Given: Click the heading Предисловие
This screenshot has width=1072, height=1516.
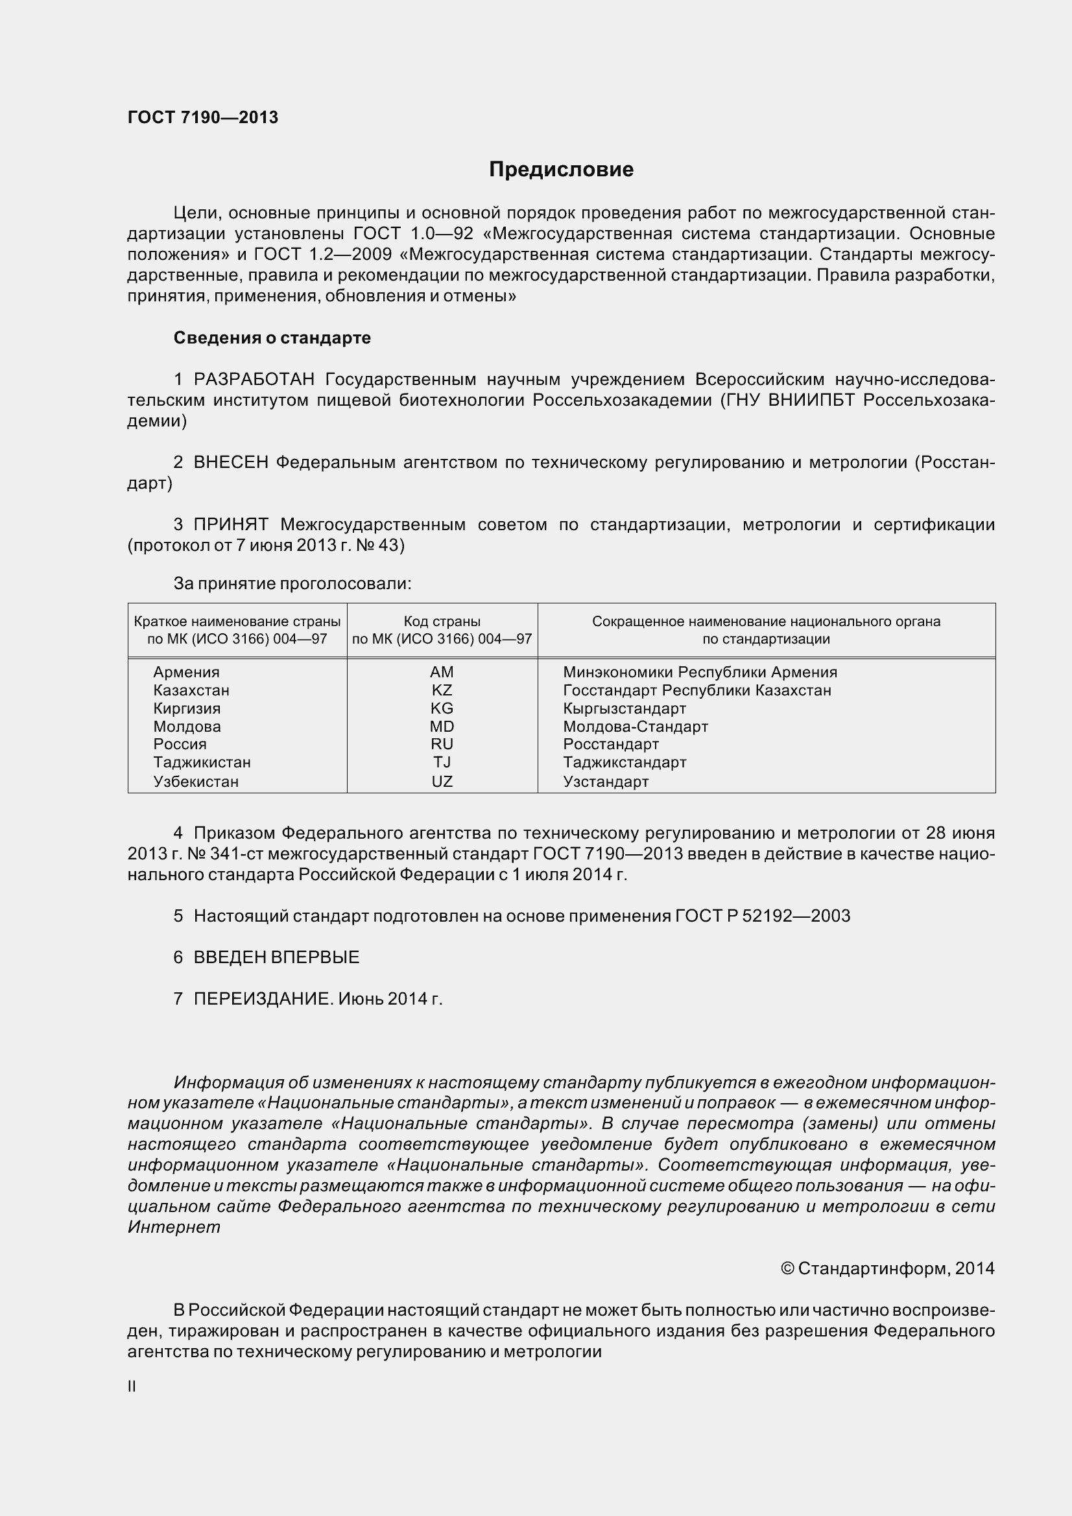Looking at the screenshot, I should coord(561,170).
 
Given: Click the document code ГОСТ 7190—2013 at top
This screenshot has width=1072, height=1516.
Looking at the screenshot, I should coord(203,117).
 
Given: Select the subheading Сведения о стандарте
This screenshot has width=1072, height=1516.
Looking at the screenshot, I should coord(272,338).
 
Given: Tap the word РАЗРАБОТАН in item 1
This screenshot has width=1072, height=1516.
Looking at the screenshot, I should coord(254,379).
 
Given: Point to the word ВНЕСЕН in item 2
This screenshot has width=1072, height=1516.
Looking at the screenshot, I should coord(231,462).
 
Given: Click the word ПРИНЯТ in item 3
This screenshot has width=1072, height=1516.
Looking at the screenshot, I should coord(231,524).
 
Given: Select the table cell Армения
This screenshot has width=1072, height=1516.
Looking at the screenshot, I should coord(186,672).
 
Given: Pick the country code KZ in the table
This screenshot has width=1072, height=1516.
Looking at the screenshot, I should coord(442,690).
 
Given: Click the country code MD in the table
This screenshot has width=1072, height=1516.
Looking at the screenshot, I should coord(442,727).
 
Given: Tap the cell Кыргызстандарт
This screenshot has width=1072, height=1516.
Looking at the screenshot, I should coord(624,708).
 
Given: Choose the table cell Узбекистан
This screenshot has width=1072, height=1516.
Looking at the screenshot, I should coord(195,782).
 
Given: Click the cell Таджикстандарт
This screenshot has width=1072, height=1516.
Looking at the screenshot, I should coord(624,762).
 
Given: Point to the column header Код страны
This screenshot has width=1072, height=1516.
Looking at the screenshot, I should coord(442,622).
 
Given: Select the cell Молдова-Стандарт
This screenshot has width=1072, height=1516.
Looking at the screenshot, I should coord(635,727).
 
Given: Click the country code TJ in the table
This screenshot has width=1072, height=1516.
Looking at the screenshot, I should coord(442,762).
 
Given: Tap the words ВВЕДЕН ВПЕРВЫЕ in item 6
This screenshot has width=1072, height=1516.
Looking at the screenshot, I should coord(276,957).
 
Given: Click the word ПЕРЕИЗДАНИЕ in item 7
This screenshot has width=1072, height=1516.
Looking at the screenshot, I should coord(263,998).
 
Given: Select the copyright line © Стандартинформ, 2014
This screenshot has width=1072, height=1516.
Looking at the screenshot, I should coord(887,1268).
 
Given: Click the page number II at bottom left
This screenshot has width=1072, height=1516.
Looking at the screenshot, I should coord(132,1386).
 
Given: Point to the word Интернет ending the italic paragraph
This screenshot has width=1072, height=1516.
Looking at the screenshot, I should coord(174,1227).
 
